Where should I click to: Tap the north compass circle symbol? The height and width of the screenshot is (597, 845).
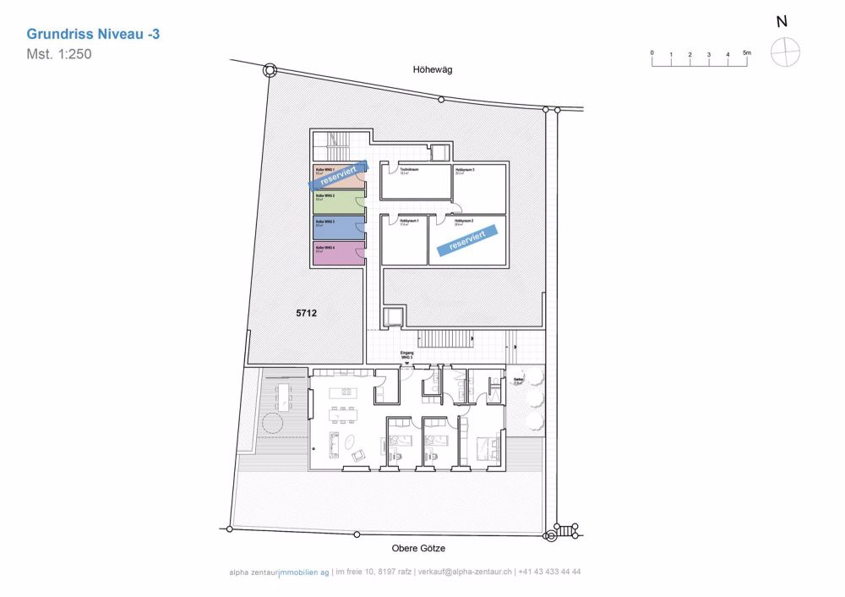coord(785,52)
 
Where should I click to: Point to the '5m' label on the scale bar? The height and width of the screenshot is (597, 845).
coord(746,52)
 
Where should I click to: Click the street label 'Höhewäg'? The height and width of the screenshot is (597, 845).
coord(433,70)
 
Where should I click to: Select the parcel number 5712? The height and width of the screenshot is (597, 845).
coord(306,313)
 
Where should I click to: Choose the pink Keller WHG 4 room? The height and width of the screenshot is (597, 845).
coord(338,254)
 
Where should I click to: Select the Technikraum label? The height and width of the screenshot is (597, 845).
coord(410,171)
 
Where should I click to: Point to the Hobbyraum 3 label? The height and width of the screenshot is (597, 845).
coord(465,171)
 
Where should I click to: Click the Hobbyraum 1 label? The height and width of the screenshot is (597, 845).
coord(410,221)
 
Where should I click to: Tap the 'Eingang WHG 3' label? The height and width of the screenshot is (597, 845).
coord(406,355)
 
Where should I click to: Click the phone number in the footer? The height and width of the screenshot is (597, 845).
coord(549,572)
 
